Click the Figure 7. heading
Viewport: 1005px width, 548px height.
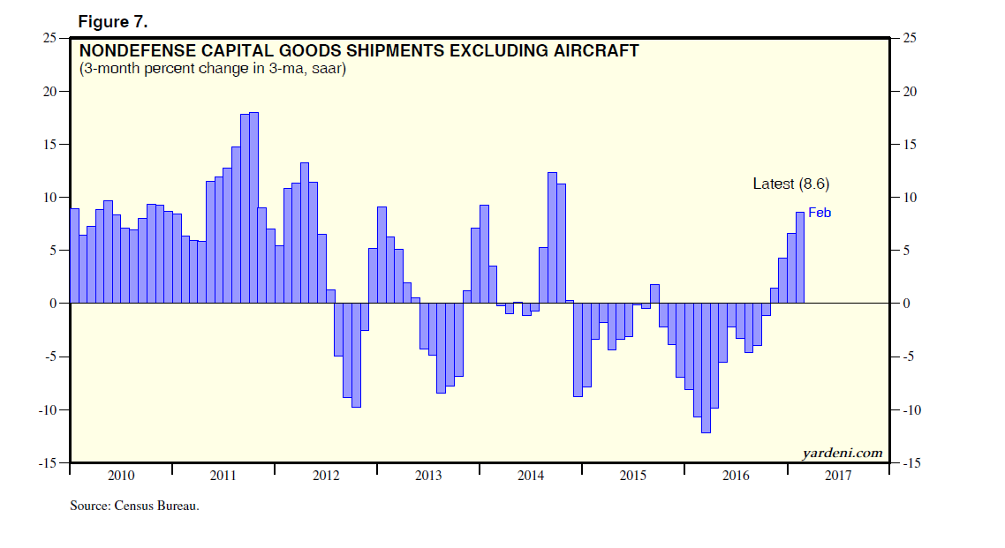(112, 20)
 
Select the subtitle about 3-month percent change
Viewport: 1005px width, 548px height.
(212, 69)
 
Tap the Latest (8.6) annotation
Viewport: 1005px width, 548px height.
(790, 184)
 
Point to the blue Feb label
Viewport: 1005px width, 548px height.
(820, 213)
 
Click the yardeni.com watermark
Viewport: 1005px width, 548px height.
(842, 453)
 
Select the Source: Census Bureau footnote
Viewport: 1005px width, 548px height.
(134, 507)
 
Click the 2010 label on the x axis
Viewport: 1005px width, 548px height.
(121, 477)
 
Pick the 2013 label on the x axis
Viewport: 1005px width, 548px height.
(428, 477)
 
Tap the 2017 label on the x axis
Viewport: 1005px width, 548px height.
(838, 477)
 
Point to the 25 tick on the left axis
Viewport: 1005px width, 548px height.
(51, 38)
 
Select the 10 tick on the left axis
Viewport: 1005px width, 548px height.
(51, 198)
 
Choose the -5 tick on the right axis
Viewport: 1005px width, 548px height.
(909, 357)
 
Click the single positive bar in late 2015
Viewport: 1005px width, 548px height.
(654, 294)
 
